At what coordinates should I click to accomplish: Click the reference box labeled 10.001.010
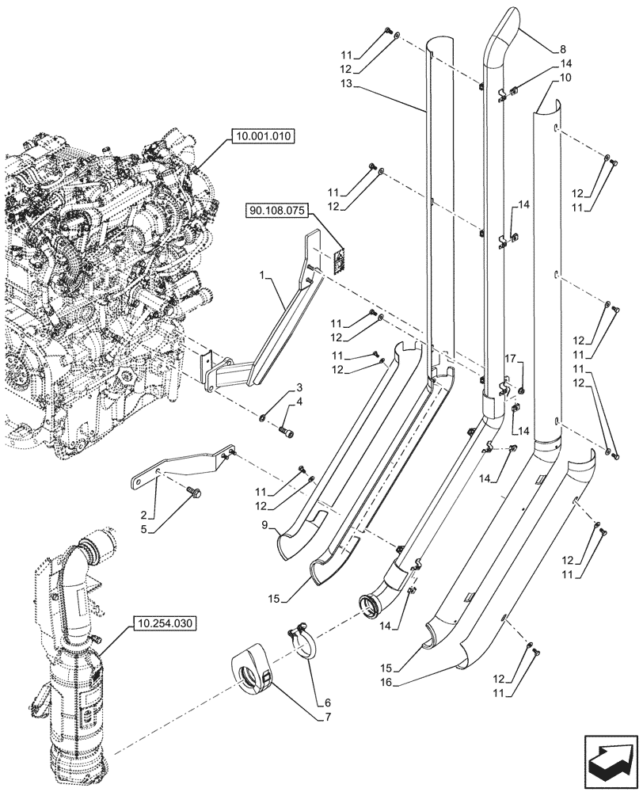[263, 137]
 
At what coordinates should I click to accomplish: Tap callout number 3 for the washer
[300, 387]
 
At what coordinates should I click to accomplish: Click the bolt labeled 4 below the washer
[287, 430]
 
